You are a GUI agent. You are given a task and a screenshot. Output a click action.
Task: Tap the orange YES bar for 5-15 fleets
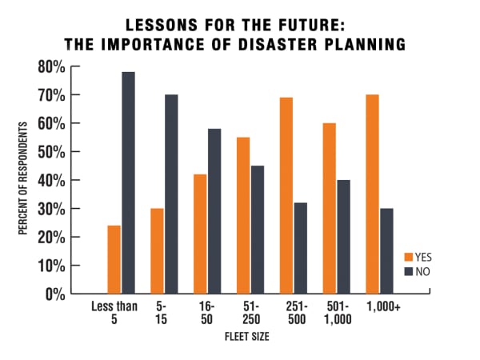click(158, 251)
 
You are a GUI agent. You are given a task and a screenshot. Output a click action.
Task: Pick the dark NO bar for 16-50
click(214, 211)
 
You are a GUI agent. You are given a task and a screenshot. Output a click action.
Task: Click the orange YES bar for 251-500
click(286, 196)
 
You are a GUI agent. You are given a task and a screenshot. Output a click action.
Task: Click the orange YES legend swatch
click(408, 258)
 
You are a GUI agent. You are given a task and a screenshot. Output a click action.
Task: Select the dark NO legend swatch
click(408, 271)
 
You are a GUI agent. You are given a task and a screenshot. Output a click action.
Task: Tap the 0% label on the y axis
click(54, 294)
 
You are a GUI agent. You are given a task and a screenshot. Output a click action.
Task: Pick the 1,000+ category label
click(381, 306)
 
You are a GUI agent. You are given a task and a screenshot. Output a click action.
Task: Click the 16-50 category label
click(206, 312)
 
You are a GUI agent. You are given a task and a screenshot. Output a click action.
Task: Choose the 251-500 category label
click(294, 312)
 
